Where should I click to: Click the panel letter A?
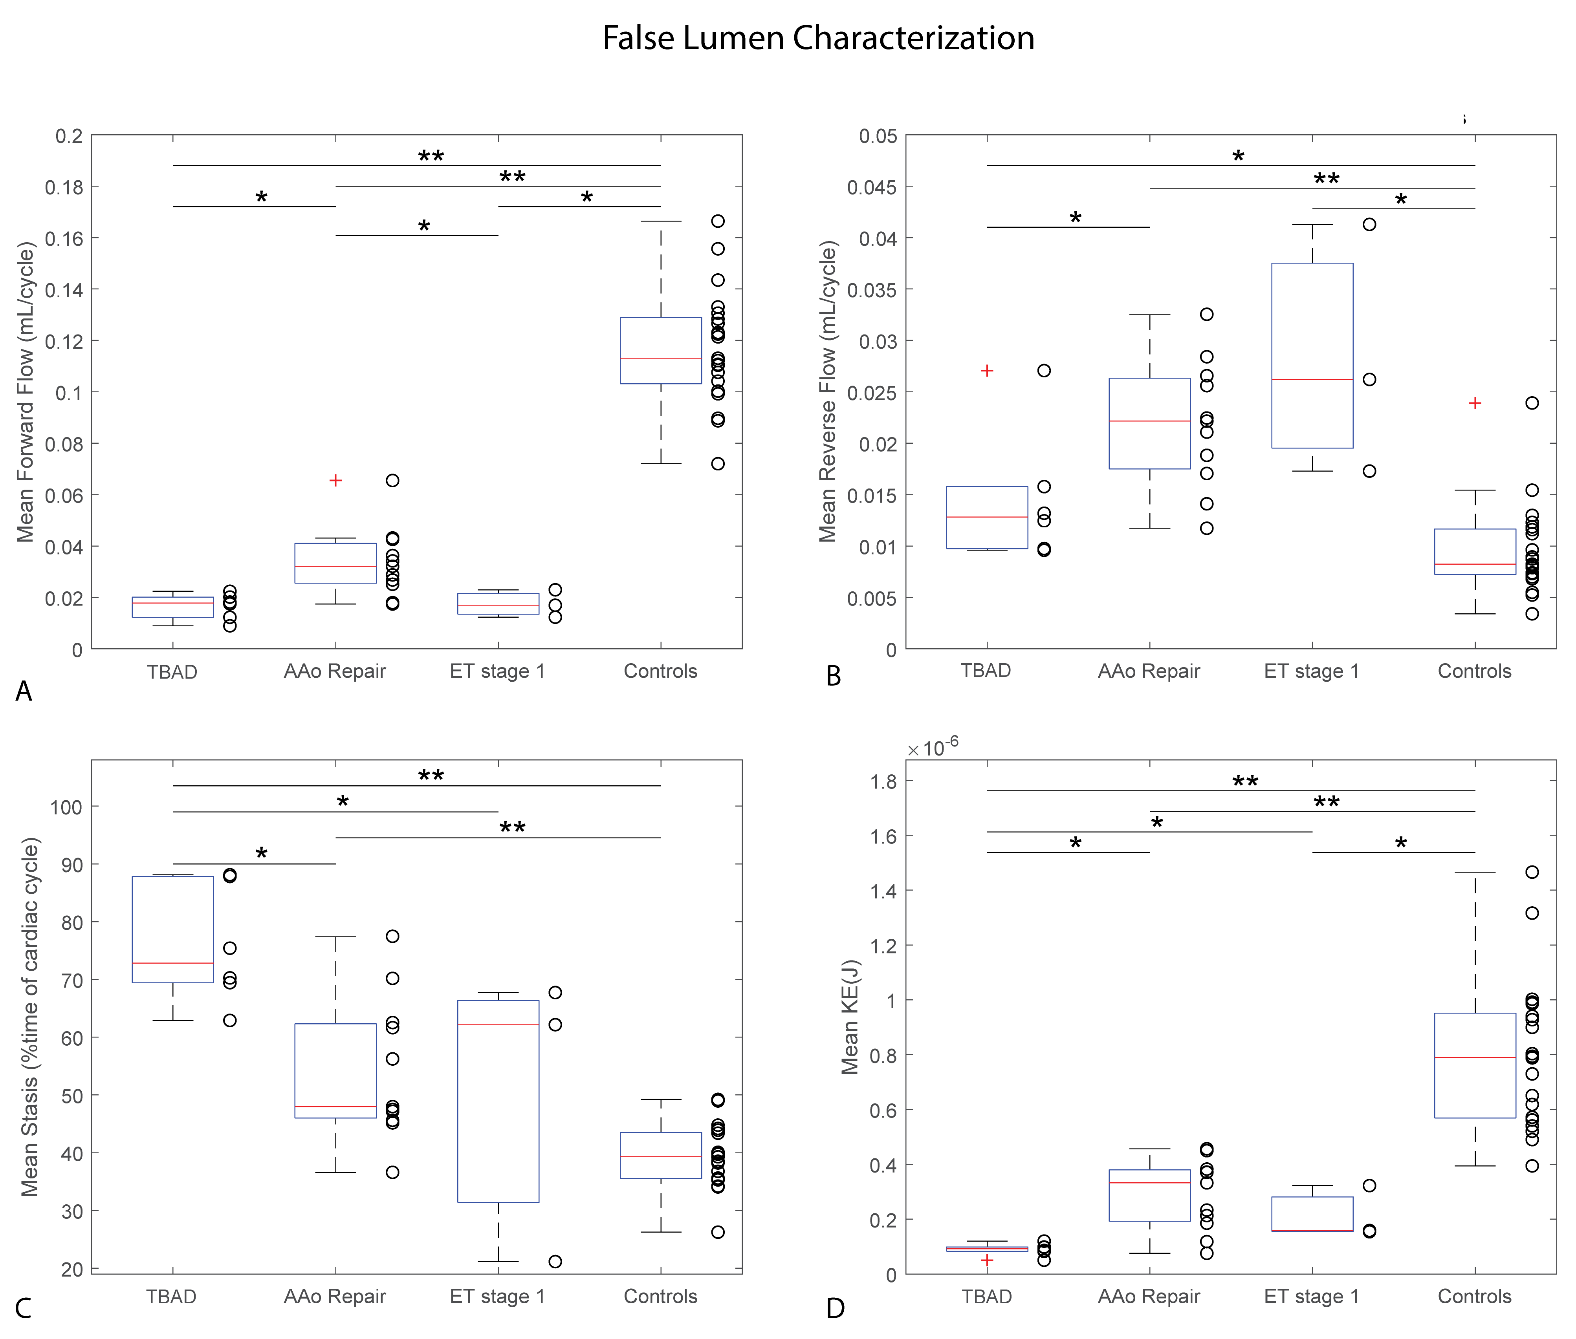coord(24,691)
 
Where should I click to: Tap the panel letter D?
coord(835,1308)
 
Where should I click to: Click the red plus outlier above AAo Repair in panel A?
coord(335,481)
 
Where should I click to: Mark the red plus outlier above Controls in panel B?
coord(1474,403)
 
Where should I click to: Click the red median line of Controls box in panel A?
coord(660,357)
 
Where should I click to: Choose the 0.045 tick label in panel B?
coord(872,187)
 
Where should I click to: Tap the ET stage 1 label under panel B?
coord(1311,671)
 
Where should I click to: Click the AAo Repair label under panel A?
coord(335,671)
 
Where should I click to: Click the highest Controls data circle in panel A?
coord(717,221)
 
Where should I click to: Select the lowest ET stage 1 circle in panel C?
coord(555,1262)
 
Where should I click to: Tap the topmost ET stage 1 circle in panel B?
coord(1369,224)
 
